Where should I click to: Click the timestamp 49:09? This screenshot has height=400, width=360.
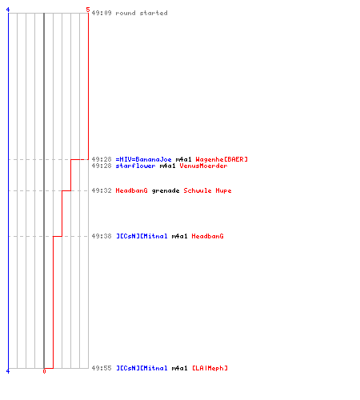point(102,13)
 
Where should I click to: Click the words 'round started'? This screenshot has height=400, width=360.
point(142,13)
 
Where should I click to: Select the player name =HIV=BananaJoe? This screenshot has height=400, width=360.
point(143,159)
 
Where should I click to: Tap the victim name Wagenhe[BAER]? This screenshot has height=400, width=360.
point(222,159)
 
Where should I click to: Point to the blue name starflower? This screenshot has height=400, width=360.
point(135,166)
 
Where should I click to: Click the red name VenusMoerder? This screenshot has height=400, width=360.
point(203,166)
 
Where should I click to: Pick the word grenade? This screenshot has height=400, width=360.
point(166,190)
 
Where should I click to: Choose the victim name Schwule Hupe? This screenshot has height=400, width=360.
point(207,190)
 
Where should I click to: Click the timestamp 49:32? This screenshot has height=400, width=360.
point(102,190)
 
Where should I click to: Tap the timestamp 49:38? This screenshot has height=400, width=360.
point(102,236)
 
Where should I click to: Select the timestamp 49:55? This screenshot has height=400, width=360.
point(102,368)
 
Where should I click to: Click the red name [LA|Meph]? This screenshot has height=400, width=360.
point(210,368)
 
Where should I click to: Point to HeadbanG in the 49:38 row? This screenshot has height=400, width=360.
point(207,236)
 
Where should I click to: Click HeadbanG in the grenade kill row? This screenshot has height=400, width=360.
point(131,190)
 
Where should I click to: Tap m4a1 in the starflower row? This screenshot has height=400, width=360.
point(167,166)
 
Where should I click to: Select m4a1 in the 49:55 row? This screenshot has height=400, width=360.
point(179,368)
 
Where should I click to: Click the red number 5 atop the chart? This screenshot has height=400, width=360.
point(88,10)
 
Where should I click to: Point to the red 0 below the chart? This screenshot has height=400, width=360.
point(44,371)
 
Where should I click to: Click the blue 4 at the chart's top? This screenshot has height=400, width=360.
point(8,10)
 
